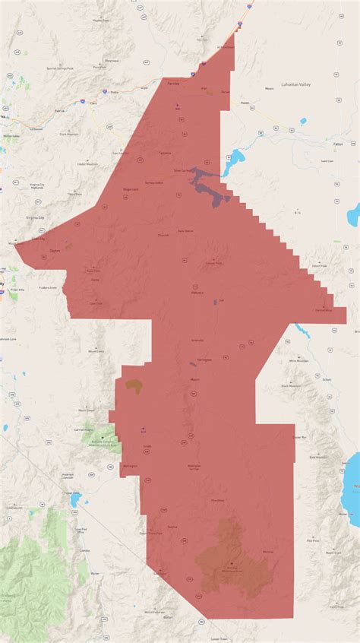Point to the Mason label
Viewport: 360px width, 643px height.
[194, 379]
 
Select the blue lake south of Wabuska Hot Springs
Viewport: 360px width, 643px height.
[216, 302]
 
